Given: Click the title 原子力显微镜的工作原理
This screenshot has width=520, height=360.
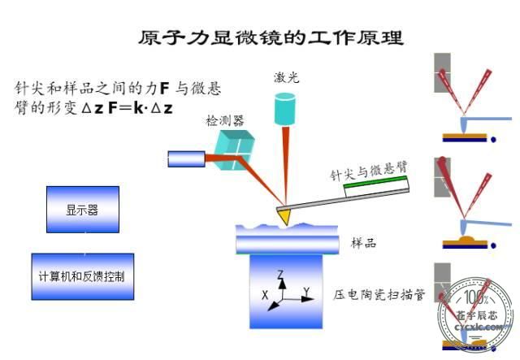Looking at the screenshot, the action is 271,37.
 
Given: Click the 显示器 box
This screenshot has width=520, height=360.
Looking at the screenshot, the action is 83,210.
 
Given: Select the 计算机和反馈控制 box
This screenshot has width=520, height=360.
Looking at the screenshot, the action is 83,276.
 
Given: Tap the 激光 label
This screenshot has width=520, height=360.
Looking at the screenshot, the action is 287,78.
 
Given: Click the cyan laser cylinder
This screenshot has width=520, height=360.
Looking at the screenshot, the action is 285,109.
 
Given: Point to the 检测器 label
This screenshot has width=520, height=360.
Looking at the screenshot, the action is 225,121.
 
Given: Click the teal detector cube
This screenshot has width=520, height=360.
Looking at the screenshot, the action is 234,150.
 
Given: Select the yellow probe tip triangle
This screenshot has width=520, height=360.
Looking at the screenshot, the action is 284,216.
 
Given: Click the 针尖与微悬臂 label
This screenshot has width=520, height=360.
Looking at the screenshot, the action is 369,171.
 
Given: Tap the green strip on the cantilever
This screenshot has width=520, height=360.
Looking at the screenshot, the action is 375,182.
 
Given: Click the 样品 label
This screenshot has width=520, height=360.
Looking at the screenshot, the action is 363,243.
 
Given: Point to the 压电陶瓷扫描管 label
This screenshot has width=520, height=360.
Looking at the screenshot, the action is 379,294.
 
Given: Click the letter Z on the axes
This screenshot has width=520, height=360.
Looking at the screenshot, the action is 280,275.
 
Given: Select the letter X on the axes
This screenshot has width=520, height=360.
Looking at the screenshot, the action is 265,295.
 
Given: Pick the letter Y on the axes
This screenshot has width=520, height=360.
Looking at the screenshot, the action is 306,292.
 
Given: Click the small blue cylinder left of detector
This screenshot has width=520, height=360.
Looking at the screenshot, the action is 186,159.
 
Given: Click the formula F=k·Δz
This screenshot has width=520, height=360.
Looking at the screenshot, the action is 141,109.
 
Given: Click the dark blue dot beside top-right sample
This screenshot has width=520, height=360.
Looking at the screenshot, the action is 493,140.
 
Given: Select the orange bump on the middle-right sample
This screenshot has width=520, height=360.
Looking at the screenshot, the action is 468,239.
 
